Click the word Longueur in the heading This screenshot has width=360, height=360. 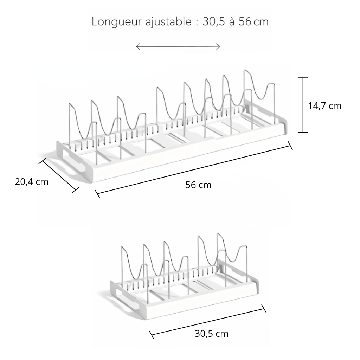pyautogui.click(x=116, y=22)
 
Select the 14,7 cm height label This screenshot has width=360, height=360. pyautogui.click(x=324, y=106)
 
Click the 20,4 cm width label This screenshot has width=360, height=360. pyautogui.click(x=32, y=182)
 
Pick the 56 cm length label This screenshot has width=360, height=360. pyautogui.click(x=198, y=185)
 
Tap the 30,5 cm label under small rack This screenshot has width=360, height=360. pyautogui.click(x=211, y=334)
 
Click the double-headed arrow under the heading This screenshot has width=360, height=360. pyautogui.click(x=178, y=47)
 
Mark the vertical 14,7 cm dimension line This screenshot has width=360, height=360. pyautogui.click(x=303, y=105)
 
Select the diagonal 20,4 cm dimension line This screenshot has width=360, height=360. pyautogui.click(x=59, y=175)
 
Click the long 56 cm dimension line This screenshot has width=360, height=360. pyautogui.click(x=194, y=170)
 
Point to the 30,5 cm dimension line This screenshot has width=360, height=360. pyautogui.click(x=207, y=321)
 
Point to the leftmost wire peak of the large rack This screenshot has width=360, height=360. pyautogui.click(x=70, y=104)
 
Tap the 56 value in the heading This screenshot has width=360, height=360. pyautogui.click(x=245, y=22)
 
